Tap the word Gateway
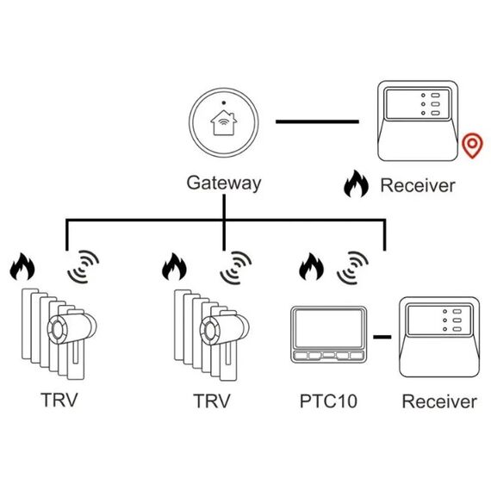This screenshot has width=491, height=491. pyautogui.click(x=223, y=183)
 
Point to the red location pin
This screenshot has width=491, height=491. pyautogui.click(x=471, y=146)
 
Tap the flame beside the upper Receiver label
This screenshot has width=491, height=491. pyautogui.click(x=355, y=183)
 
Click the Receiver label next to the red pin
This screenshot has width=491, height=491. pyautogui.click(x=418, y=184)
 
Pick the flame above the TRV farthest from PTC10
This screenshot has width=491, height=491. pyautogui.click(x=22, y=266)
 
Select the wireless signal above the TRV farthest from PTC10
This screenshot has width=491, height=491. pyautogui.click(x=83, y=267)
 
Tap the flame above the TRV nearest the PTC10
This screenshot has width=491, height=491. pyautogui.click(x=175, y=266)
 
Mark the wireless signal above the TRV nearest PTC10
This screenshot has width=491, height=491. pyautogui.click(x=235, y=267)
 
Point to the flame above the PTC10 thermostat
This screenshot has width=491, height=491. pyautogui.click(x=309, y=267)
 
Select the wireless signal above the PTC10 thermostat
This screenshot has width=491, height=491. pyautogui.click(x=354, y=267)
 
